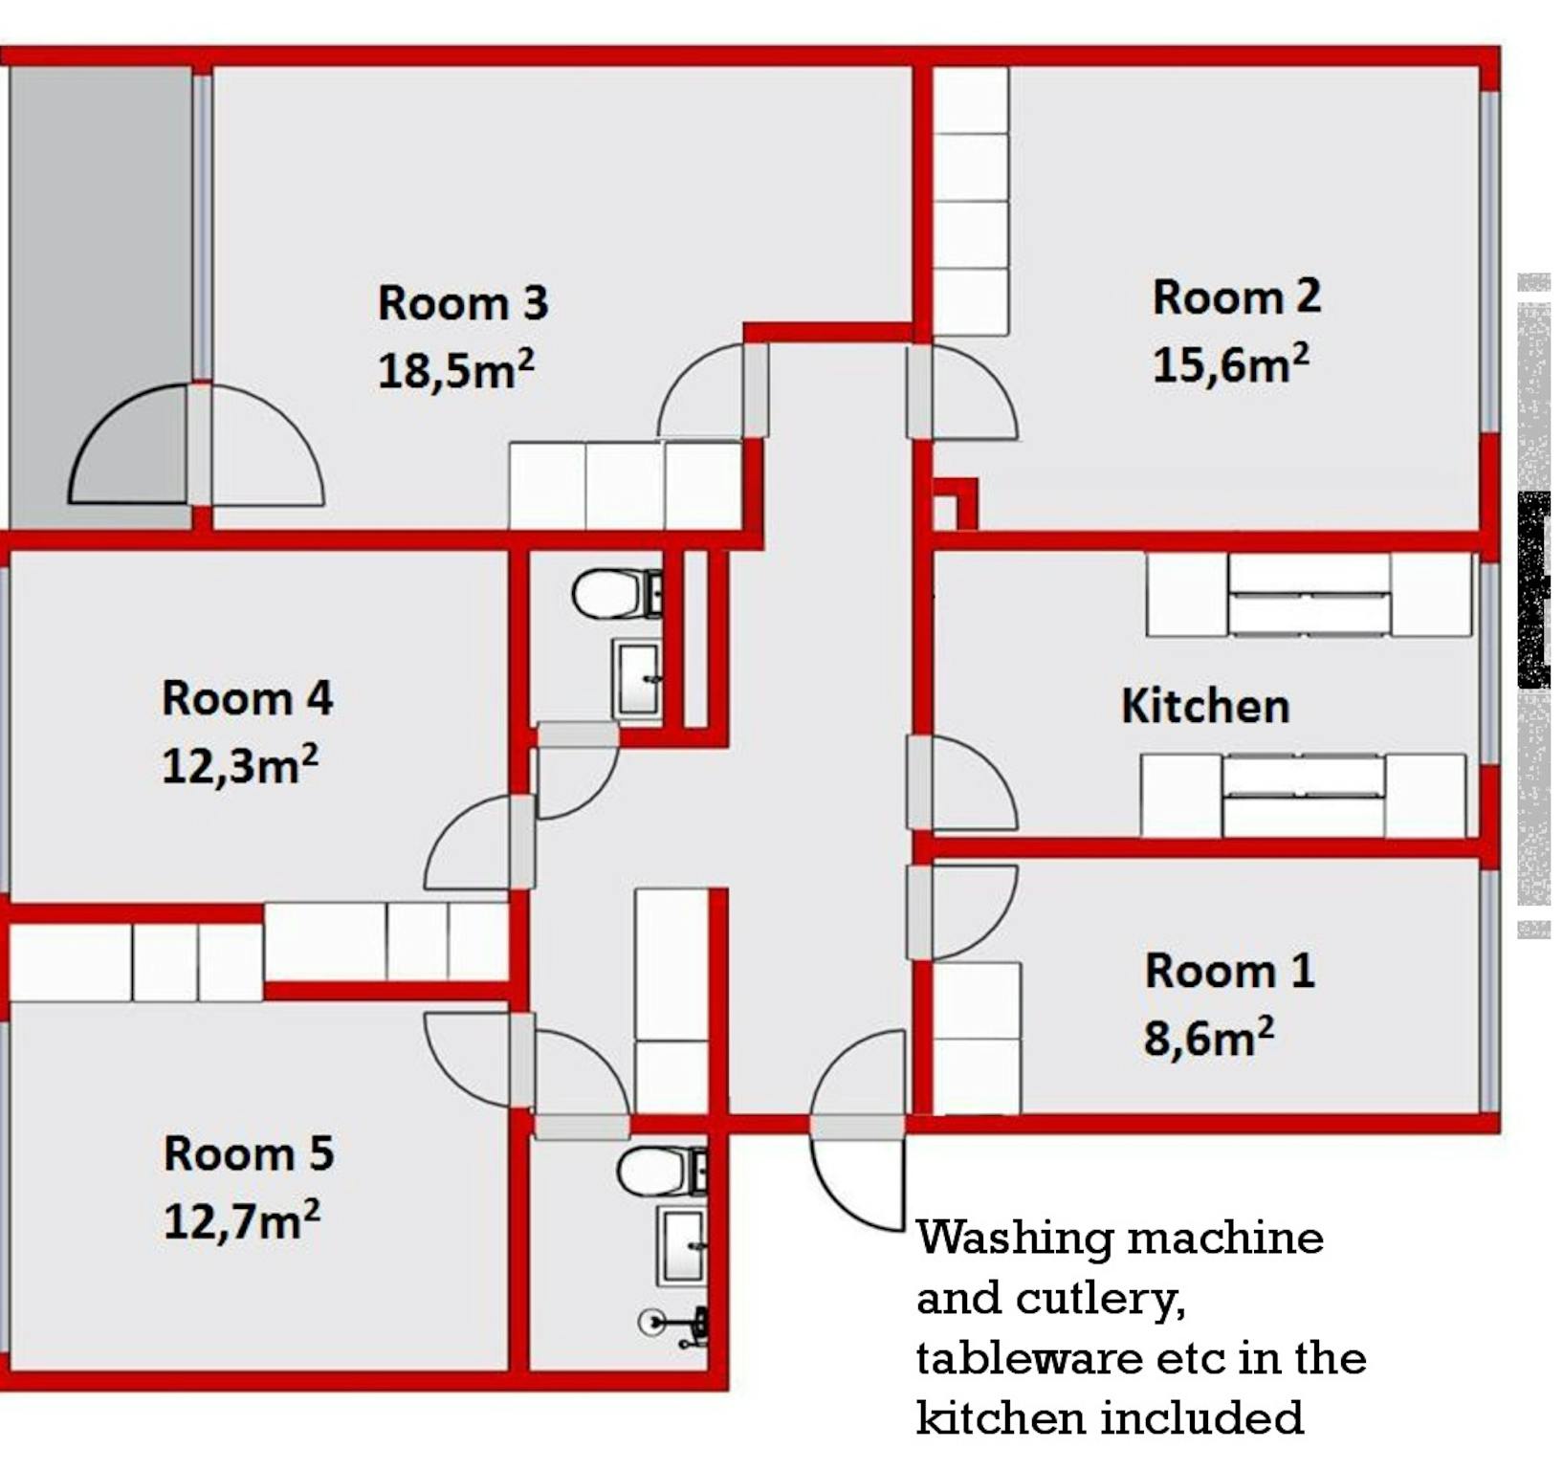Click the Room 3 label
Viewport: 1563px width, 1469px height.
tap(463, 303)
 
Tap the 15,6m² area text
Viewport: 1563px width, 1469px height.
tap(1230, 363)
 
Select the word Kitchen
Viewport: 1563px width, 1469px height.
tap(1205, 706)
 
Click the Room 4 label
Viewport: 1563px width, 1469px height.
tap(247, 698)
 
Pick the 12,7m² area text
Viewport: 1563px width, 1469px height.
tap(242, 1220)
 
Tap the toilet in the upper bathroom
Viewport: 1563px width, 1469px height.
tap(618, 594)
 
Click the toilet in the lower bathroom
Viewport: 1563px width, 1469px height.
tap(663, 1172)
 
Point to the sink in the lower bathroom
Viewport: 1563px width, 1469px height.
tap(682, 1246)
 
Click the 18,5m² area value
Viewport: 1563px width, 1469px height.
tap(455, 370)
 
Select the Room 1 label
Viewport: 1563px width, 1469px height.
tap(1230, 971)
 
